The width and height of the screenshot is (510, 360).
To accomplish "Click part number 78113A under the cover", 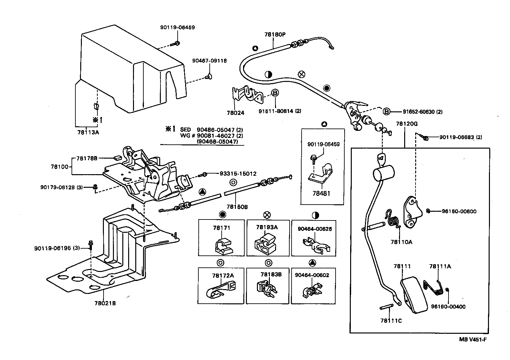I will tap(88, 132).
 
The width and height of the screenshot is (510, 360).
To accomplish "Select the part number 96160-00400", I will tap(448, 307).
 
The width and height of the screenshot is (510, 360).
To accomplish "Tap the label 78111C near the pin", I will tap(391, 321).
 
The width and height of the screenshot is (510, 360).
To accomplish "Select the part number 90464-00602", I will tap(312, 275).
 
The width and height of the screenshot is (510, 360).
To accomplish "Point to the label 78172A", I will tap(223, 276).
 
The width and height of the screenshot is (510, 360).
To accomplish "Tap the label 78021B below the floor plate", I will tap(105, 303).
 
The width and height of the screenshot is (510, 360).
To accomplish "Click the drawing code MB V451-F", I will tap(473, 340).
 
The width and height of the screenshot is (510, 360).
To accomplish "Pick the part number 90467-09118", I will tap(209, 61).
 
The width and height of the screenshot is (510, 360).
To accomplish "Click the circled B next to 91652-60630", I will tap(386, 112).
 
